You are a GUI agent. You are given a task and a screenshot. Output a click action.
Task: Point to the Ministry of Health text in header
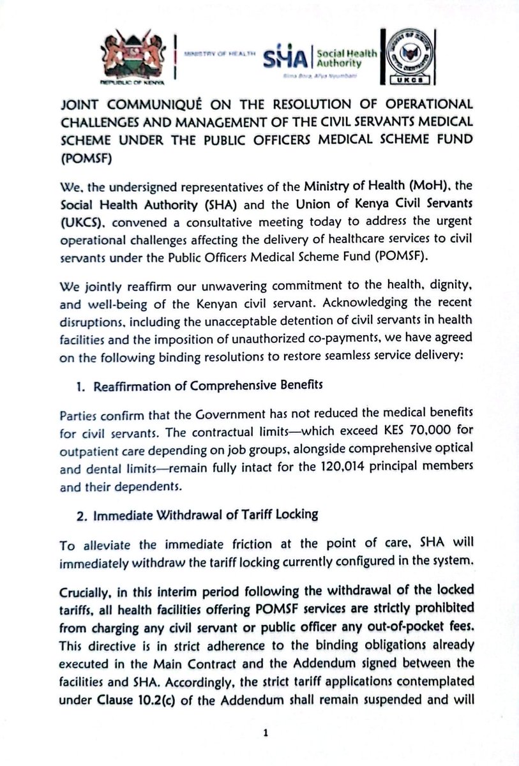coord(219,56)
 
